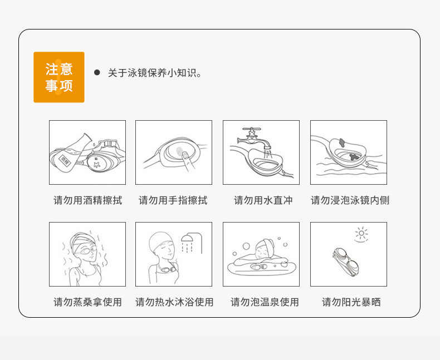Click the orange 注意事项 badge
click(59, 77)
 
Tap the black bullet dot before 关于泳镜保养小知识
click(96, 72)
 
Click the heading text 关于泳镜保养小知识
click(154, 73)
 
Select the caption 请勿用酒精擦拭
click(87, 200)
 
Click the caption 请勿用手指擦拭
click(173, 200)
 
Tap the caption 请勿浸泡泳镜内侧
click(350, 200)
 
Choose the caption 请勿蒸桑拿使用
click(87, 302)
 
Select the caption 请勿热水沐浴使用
click(174, 302)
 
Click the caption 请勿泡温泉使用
click(265, 302)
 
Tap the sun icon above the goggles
click(361, 233)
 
